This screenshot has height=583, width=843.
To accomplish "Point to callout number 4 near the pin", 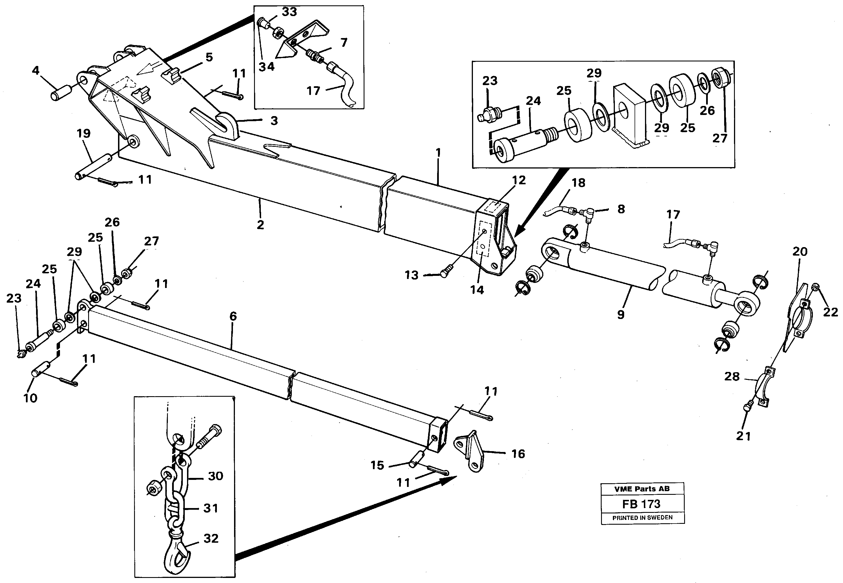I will point(35,70).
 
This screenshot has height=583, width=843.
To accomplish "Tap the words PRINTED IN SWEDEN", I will point(642,518).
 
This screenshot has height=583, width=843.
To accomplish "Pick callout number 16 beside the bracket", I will point(518,454).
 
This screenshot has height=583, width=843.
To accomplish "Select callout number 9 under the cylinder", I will point(621,314).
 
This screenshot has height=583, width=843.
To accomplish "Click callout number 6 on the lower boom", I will point(233,316).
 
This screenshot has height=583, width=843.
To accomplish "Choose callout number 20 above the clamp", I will point(800,251).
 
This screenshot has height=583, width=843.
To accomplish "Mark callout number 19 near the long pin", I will point(84,133).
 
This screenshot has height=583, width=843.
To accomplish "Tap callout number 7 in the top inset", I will point(344,43).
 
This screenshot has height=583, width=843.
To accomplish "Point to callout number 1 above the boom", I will point(438,152).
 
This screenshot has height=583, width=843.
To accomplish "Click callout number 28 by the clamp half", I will point(732,377).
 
